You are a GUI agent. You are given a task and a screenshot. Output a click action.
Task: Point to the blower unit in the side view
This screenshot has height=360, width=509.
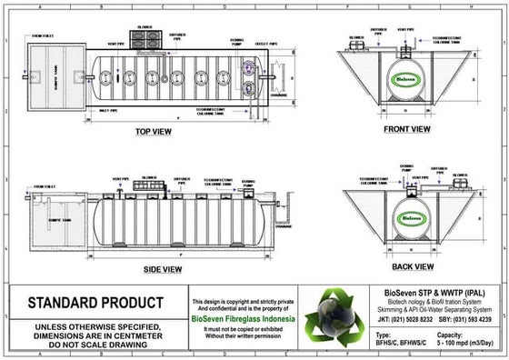146,185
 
